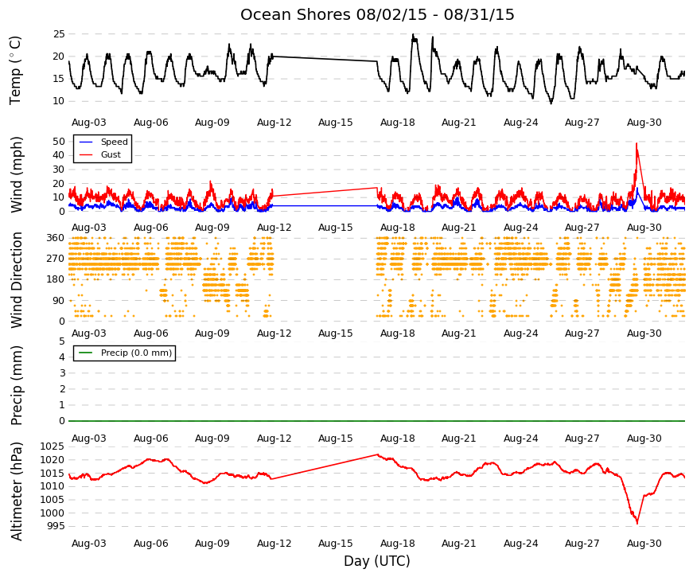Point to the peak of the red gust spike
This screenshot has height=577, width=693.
(637, 142)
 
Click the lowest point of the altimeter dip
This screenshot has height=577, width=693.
(637, 524)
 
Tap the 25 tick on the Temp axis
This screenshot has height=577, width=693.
(59, 34)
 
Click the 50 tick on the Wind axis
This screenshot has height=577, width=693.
(59, 142)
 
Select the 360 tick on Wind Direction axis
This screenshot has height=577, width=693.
(56, 238)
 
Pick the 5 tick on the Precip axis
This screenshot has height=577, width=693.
(62, 341)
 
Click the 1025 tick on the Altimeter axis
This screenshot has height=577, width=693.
(53, 446)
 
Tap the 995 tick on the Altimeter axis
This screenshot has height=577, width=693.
(56, 526)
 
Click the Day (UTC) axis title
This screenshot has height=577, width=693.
(377, 561)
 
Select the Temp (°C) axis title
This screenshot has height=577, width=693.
(15, 70)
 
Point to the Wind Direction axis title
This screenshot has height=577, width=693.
(17, 280)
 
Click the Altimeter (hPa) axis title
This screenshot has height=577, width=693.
(17, 491)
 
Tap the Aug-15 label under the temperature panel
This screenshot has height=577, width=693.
(336, 123)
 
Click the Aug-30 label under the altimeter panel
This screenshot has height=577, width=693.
(644, 544)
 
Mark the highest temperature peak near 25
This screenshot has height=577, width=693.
(413, 34)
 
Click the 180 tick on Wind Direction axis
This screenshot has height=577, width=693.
(56, 279)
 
